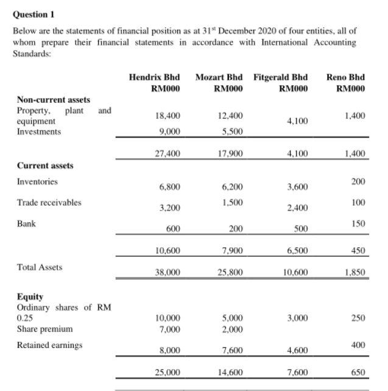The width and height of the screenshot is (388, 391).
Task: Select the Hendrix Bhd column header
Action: (155, 77)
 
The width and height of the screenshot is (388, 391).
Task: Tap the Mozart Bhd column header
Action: (218, 77)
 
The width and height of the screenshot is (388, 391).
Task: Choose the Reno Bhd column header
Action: (345, 77)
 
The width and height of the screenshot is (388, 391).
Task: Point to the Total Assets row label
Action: (35, 267)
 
